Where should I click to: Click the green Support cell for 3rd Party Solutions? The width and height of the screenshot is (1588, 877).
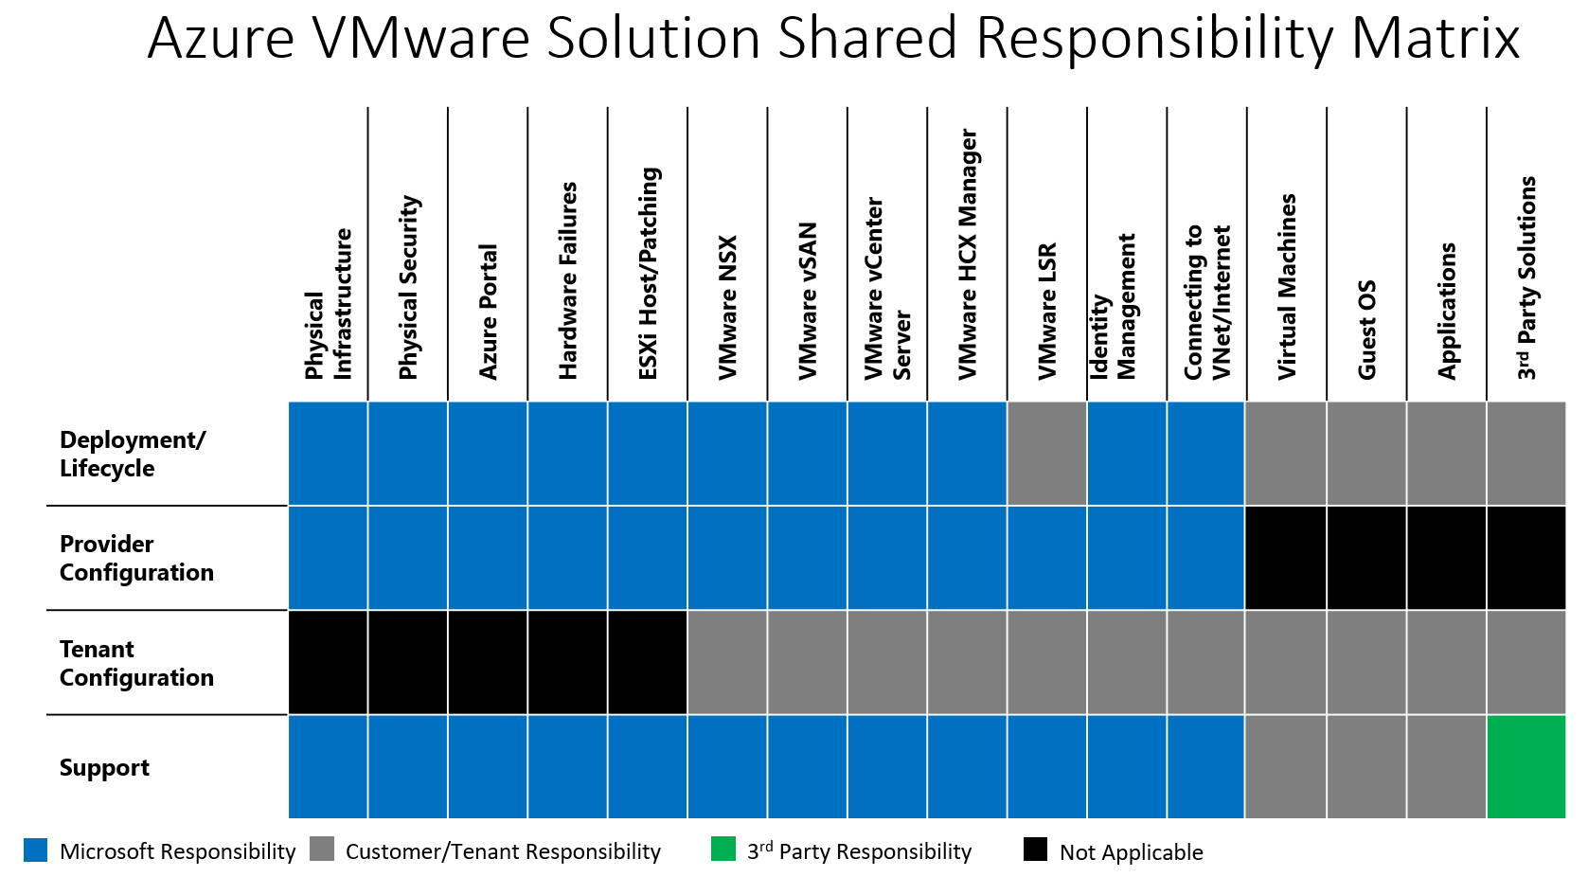(x=1526, y=766)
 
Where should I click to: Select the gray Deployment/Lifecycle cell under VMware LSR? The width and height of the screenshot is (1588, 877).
(x=1046, y=453)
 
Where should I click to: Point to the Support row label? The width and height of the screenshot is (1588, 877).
(x=104, y=767)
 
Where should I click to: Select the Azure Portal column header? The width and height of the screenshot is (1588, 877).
(x=488, y=312)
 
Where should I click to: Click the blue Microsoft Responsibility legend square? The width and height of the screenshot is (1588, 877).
(x=35, y=850)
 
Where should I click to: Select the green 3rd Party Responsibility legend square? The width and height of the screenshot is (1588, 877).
(x=723, y=849)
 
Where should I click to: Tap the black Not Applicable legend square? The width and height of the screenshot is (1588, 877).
(x=1035, y=849)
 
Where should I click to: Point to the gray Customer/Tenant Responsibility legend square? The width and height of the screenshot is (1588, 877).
(x=322, y=849)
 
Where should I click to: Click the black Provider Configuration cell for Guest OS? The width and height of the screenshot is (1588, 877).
(x=1366, y=558)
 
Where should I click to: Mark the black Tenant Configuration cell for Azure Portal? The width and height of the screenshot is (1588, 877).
(x=488, y=662)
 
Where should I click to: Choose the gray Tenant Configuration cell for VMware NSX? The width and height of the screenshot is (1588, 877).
(x=727, y=662)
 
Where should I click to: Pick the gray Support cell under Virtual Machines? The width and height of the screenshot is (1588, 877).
(x=1286, y=766)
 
